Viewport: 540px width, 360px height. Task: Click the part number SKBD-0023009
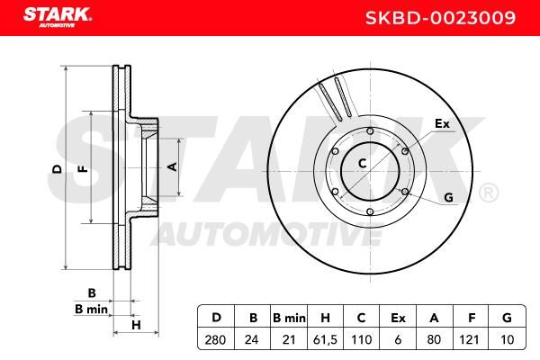pos(440,18)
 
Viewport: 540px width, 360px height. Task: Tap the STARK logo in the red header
pos(58,18)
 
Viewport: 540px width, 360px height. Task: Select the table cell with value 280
pos(215,339)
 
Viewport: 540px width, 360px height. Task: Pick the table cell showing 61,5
pos(325,339)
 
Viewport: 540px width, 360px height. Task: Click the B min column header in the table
pos(289,318)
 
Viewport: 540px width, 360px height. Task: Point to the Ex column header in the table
pos(398,318)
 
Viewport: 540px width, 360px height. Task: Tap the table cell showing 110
pos(362,339)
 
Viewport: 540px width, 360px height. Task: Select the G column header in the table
pos(507,318)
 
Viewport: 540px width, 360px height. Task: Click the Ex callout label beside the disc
pos(442,123)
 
